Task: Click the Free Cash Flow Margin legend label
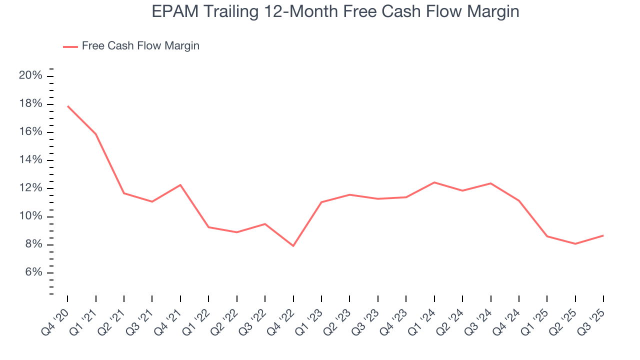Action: pyautogui.click(x=140, y=46)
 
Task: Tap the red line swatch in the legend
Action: pyautogui.click(x=70, y=46)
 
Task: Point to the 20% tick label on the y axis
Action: pyautogui.click(x=30, y=75)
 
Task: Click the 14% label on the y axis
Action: pyautogui.click(x=30, y=160)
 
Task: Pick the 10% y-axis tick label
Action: pyautogui.click(x=30, y=216)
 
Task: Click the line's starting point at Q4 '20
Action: pyautogui.click(x=67, y=106)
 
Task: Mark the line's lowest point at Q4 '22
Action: pyautogui.click(x=293, y=246)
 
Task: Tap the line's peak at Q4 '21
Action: pyautogui.click(x=180, y=185)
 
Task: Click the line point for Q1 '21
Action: pyautogui.click(x=95, y=134)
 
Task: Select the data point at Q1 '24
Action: pyautogui.click(x=434, y=182)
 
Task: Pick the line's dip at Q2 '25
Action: pyautogui.click(x=575, y=244)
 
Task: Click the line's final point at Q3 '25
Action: pyautogui.click(x=603, y=235)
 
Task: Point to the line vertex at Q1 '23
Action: pyautogui.click(x=321, y=202)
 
